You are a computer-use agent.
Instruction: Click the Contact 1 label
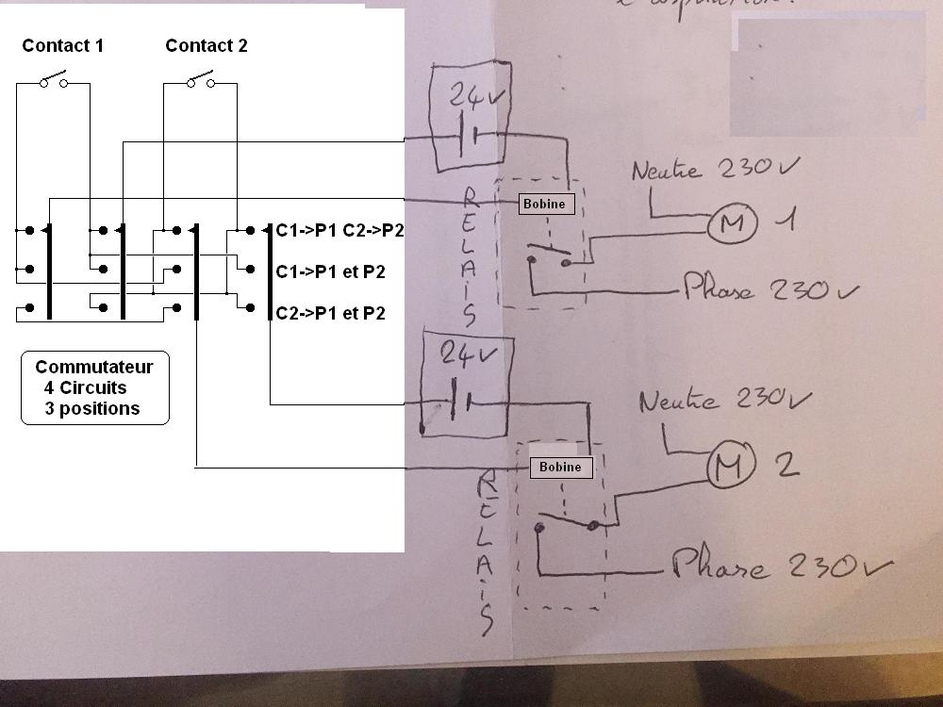pos(63,45)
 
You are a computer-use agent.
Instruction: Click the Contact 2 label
pos(206,45)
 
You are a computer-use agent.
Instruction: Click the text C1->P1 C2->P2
pos(339,230)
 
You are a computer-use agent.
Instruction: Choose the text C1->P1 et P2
pos(330,271)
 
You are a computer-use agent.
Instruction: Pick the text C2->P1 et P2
pos(330,313)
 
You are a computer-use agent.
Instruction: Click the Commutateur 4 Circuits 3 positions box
pos(94,388)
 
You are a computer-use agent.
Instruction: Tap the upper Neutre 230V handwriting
pos(713,171)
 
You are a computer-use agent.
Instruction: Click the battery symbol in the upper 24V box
pos(467,138)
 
